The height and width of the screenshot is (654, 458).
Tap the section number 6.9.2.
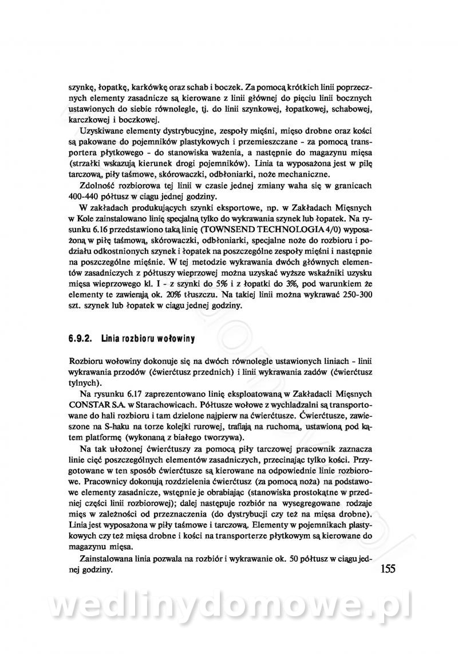[82, 339]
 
